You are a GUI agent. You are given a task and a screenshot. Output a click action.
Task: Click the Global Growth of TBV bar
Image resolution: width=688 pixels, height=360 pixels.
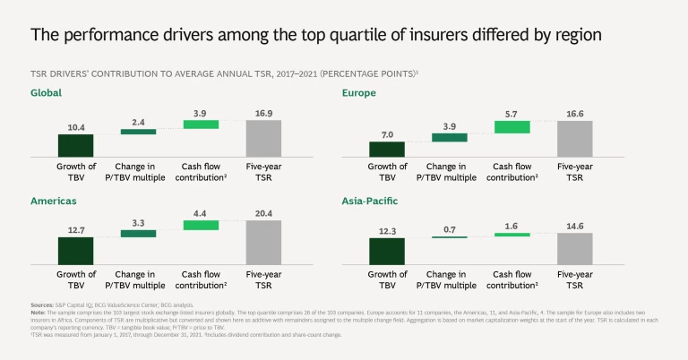pos(76,146)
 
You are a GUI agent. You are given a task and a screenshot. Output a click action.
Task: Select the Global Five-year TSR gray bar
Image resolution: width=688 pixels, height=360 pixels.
pos(263,139)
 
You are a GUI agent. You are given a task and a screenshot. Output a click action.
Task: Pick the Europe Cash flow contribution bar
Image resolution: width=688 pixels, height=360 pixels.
pos(512,127)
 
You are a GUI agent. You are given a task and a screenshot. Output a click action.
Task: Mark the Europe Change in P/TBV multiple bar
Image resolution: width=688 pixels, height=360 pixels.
pos(449,137)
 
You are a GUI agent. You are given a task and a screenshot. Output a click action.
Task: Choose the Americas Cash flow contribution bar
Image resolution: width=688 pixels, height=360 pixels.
pos(201,226)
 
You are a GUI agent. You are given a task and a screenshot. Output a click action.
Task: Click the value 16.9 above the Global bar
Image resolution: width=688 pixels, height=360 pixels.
pos(263,114)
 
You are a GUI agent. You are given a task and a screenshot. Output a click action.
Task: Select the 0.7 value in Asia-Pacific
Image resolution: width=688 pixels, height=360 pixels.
pos(449,229)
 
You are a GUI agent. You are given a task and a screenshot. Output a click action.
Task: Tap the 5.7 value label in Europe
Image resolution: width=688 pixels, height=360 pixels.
pos(512,114)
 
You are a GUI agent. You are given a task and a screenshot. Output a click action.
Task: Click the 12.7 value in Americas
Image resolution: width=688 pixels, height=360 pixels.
pos(76,230)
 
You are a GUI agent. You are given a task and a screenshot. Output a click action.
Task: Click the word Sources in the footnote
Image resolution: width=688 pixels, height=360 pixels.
pos(42,304)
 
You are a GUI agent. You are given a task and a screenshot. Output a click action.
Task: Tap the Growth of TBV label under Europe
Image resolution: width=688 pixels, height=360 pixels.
pos(387,171)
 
